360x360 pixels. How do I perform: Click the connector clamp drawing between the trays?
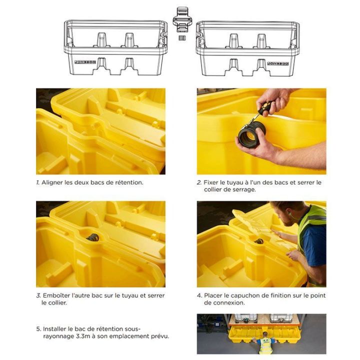182,19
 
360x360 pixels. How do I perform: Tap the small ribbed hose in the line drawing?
182,38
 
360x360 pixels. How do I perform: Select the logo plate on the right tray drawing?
278,63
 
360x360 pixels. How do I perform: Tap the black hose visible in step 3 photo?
93,237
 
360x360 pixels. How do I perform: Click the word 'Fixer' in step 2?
211,182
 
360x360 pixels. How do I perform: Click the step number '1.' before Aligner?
38,182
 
